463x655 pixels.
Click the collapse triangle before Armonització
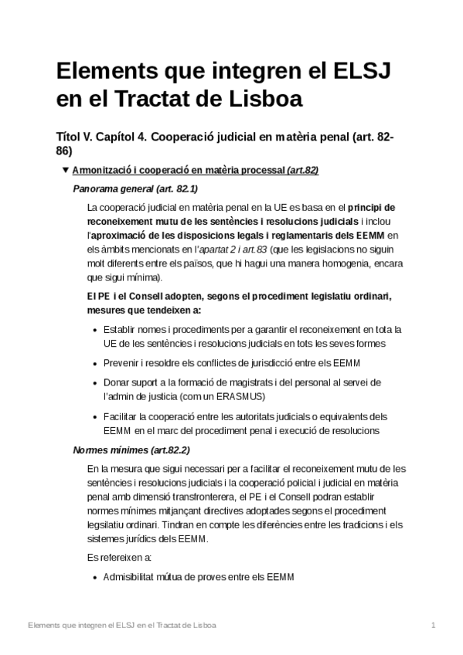tap(65, 170)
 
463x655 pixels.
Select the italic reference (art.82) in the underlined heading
tap(302, 170)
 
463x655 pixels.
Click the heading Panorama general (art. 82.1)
tap(134, 188)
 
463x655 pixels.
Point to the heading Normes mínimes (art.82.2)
tap(131, 450)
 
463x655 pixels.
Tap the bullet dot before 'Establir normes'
tap(94, 330)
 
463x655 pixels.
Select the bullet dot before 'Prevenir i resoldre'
tap(94, 363)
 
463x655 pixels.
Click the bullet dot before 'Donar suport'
tap(94, 382)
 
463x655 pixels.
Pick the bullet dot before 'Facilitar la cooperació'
tap(94, 416)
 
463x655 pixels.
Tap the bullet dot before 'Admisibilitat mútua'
tap(94, 577)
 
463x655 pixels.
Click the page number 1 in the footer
tap(434, 625)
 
